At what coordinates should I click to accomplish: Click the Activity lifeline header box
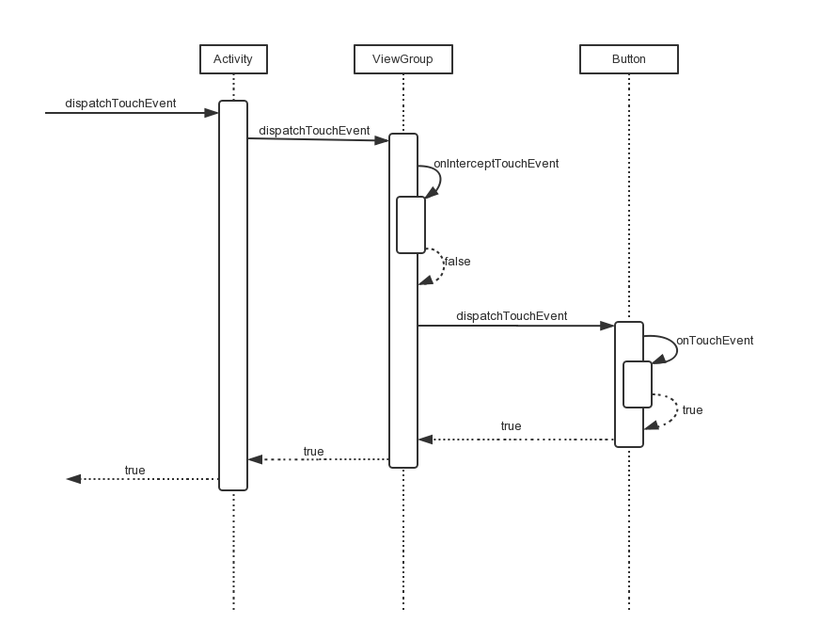[x=233, y=59]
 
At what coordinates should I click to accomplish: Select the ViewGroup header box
[x=402, y=59]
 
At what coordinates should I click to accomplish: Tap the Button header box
[x=628, y=59]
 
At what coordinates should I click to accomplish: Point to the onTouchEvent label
[x=715, y=341]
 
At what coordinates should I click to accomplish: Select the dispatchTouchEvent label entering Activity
[x=120, y=104]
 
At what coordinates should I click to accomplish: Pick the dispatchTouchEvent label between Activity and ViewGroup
[x=314, y=131]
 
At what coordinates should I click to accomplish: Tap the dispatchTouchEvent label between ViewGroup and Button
[x=512, y=316]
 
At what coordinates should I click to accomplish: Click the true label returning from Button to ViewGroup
[x=511, y=426]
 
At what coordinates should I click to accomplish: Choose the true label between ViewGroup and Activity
[x=313, y=452]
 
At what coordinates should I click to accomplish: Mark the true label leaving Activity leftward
[x=134, y=471]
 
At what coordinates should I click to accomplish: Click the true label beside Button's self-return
[x=692, y=410]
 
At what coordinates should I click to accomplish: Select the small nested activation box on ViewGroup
[x=411, y=225]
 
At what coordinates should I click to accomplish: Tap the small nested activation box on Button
[x=637, y=384]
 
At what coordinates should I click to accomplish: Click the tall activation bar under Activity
[x=233, y=296]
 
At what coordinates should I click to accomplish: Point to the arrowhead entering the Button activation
[x=607, y=326]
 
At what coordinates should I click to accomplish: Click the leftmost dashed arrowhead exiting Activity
[x=72, y=479]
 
